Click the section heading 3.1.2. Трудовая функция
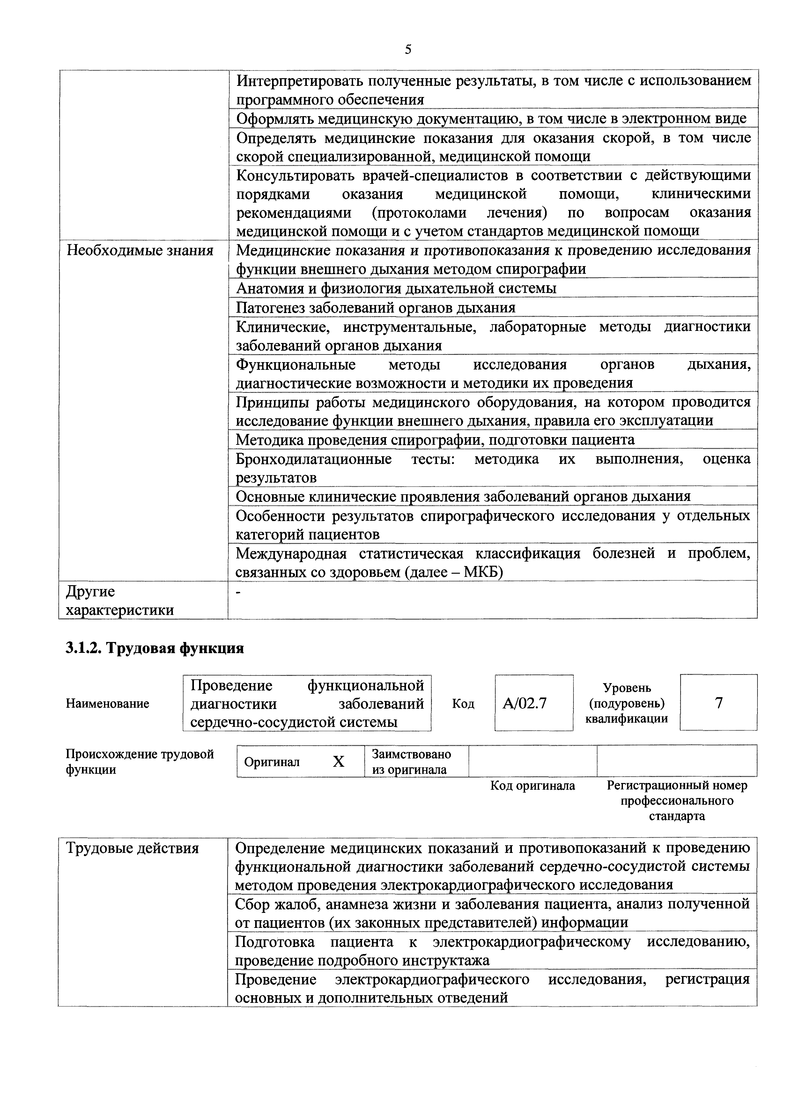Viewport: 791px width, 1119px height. [x=154, y=648]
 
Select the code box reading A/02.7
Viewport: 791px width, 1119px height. [x=534, y=703]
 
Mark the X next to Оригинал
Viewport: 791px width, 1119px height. [x=338, y=761]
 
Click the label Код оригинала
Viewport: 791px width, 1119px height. [x=532, y=786]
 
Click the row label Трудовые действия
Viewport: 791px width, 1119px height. [x=132, y=848]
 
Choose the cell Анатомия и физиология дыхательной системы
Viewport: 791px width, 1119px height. [x=396, y=288]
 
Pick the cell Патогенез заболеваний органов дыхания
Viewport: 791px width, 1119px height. [x=375, y=308]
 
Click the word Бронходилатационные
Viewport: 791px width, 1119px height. [x=314, y=459]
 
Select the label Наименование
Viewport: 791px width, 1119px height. [x=107, y=703]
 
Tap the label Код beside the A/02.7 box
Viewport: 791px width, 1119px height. [x=463, y=703]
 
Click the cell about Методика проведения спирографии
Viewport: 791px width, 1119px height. [x=435, y=440]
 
